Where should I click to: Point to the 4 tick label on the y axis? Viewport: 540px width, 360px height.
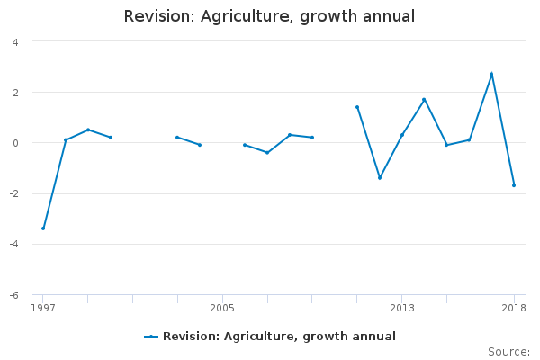pos(15,42)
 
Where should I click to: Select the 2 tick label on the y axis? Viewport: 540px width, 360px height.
pos(15,93)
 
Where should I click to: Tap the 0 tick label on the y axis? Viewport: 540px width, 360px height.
pos(15,143)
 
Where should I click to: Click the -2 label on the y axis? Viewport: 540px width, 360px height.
pos(13,194)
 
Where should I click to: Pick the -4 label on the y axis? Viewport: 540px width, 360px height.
pos(13,245)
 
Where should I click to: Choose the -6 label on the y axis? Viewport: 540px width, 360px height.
pos(13,295)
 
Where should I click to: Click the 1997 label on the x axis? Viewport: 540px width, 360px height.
pos(43,308)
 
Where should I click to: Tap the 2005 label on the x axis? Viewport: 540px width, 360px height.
pos(222,308)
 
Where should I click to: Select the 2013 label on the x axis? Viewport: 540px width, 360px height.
pos(402,308)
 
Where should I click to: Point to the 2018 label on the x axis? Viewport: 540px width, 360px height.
pos(514,308)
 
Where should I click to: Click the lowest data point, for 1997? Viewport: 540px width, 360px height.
pos(43,229)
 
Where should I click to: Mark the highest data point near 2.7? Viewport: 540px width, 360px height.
pos(491,74)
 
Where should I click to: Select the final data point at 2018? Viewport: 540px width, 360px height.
pos(514,185)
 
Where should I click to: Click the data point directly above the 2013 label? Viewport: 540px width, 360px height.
pos(402,135)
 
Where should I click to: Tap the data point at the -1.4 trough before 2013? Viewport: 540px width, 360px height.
pos(380,178)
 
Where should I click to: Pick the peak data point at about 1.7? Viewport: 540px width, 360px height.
pos(424,100)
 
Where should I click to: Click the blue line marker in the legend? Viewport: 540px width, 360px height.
pos(151,337)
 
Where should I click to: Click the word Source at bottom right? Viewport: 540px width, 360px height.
pos(508,352)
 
